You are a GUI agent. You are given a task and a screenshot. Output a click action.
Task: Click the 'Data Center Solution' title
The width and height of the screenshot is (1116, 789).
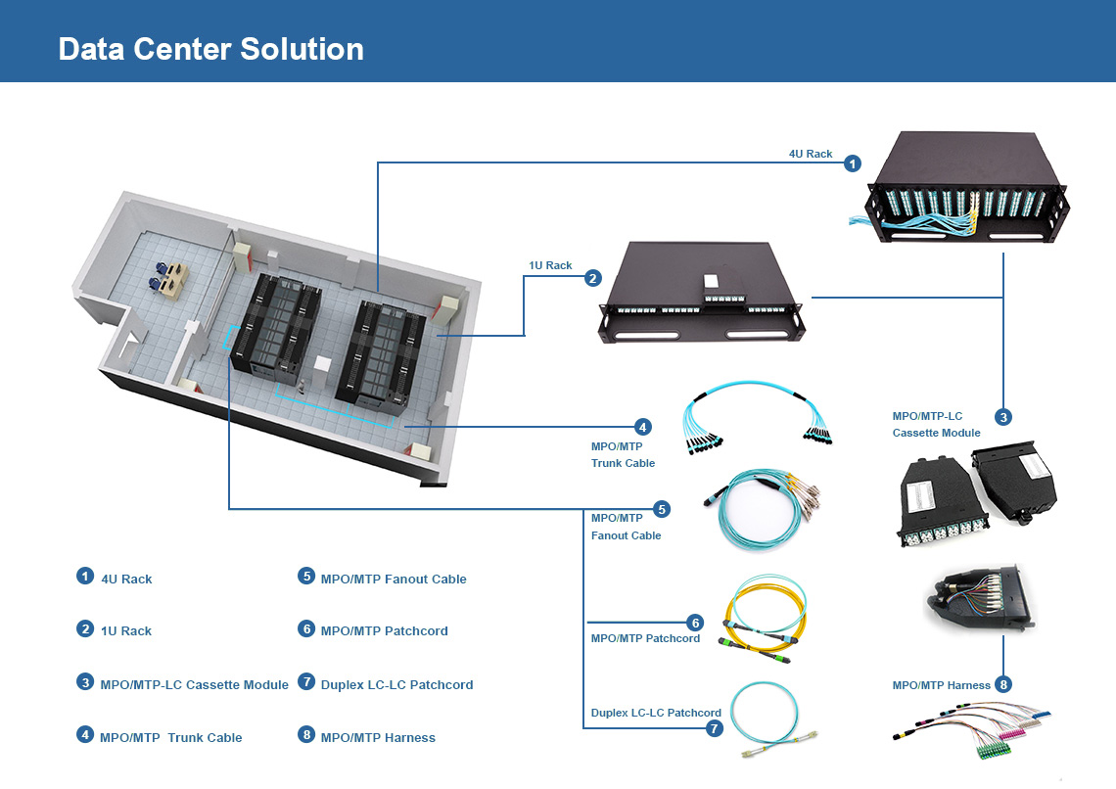[x=210, y=49]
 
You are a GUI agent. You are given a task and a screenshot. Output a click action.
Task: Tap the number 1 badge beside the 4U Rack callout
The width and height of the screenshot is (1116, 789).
[x=853, y=163]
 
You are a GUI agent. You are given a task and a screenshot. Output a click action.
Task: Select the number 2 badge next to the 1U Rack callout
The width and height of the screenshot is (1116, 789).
[x=592, y=278]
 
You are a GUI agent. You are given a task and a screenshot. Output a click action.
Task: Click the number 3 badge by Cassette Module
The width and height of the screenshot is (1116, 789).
[x=1003, y=417]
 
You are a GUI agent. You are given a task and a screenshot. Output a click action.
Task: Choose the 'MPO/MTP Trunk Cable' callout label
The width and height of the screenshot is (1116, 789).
[x=623, y=455]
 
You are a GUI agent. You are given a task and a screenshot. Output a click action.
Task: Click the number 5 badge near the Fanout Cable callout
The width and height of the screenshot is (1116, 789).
[x=662, y=509]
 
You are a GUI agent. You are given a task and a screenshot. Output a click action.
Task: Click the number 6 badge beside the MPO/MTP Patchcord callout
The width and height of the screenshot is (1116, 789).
[x=695, y=623]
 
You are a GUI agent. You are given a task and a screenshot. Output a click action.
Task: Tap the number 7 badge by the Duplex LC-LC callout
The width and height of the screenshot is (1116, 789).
[x=715, y=728]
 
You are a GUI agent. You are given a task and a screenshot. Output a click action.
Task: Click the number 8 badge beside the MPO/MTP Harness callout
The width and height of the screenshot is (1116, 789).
[x=1003, y=684]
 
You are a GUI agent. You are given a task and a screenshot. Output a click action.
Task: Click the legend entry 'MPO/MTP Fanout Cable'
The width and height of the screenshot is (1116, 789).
[x=394, y=579]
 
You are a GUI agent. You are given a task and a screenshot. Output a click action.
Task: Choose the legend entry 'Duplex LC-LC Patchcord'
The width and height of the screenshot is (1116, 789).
[x=396, y=684]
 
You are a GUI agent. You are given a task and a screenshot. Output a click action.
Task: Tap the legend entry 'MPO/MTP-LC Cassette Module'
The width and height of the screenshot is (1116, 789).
[x=194, y=684]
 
